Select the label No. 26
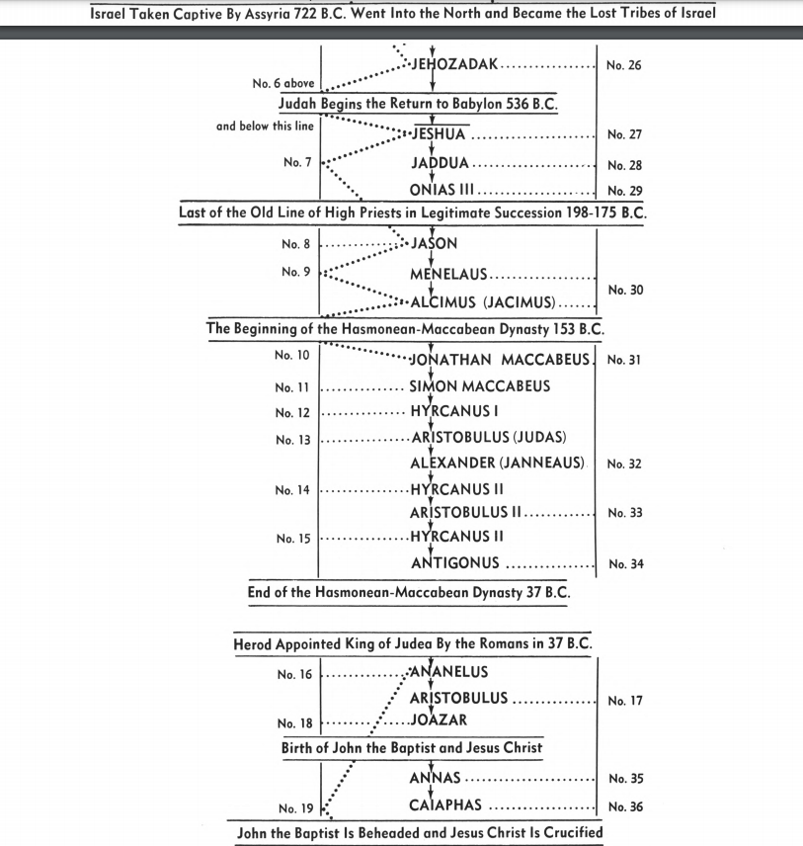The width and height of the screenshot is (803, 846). point(624,66)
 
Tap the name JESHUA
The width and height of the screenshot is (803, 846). point(439,134)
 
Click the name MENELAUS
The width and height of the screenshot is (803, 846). point(448,276)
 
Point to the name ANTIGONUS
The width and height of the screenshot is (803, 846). point(454,563)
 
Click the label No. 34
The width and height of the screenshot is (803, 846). point(626,564)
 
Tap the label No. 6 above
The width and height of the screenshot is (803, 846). point(283,84)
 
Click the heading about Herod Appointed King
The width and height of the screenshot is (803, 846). point(413,644)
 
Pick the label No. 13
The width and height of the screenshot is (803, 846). point(294,439)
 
